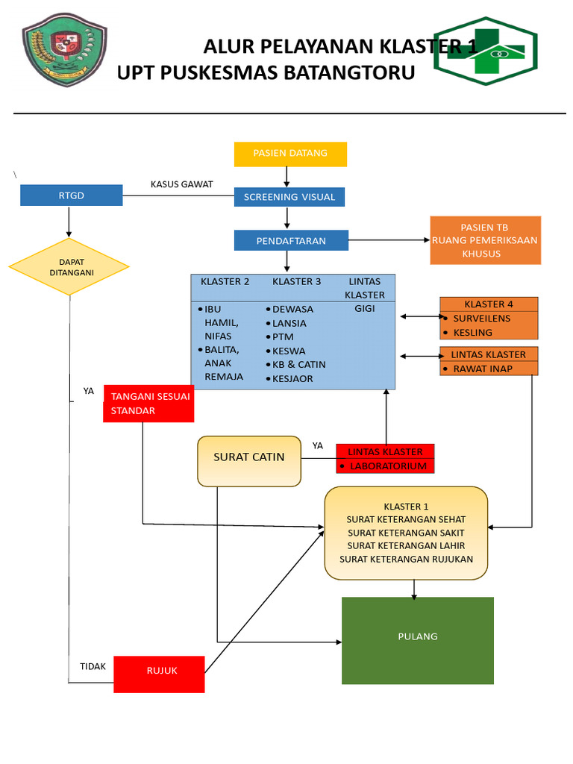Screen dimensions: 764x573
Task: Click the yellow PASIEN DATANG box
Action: point(290,154)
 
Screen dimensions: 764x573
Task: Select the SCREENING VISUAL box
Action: point(289,197)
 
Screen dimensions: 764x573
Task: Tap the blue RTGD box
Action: point(72,195)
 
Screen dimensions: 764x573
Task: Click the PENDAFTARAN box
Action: point(291,240)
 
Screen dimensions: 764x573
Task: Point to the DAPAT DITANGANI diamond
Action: point(69,267)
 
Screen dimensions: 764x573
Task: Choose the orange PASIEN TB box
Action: point(485,240)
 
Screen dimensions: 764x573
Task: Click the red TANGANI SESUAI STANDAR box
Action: point(149,404)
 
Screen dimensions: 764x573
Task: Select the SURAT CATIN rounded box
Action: point(249,461)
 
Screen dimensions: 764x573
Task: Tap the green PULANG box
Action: point(418,640)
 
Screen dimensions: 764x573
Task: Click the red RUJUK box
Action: point(159,674)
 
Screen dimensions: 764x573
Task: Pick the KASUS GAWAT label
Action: point(182,184)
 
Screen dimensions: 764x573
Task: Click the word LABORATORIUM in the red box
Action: point(388,466)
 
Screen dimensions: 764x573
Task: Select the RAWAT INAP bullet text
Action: point(483,369)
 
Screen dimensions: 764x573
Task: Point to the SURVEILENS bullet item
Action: point(482,318)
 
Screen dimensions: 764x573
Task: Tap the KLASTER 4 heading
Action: point(489,304)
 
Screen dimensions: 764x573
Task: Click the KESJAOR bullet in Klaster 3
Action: point(292,379)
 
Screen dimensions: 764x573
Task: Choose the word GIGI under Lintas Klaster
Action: point(365,309)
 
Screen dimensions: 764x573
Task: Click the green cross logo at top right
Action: point(486,51)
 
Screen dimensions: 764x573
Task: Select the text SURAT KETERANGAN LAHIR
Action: point(406,546)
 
